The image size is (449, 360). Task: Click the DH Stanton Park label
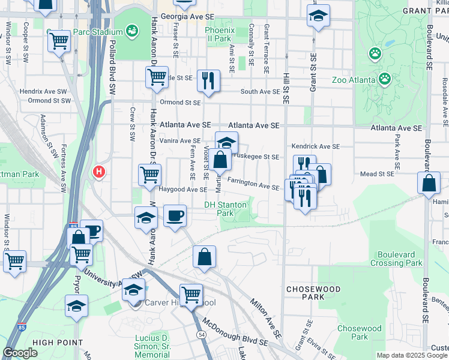(225, 208)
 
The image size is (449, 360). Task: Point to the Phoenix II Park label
(217, 34)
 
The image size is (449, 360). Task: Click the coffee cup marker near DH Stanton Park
(175, 216)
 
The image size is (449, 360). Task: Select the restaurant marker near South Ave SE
(208, 80)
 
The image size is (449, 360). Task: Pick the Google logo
(20, 353)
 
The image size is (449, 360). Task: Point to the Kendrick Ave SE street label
(316, 146)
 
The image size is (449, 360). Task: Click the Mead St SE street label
(376, 174)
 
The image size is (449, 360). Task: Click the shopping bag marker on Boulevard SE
(430, 184)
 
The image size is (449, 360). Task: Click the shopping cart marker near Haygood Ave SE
(150, 175)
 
